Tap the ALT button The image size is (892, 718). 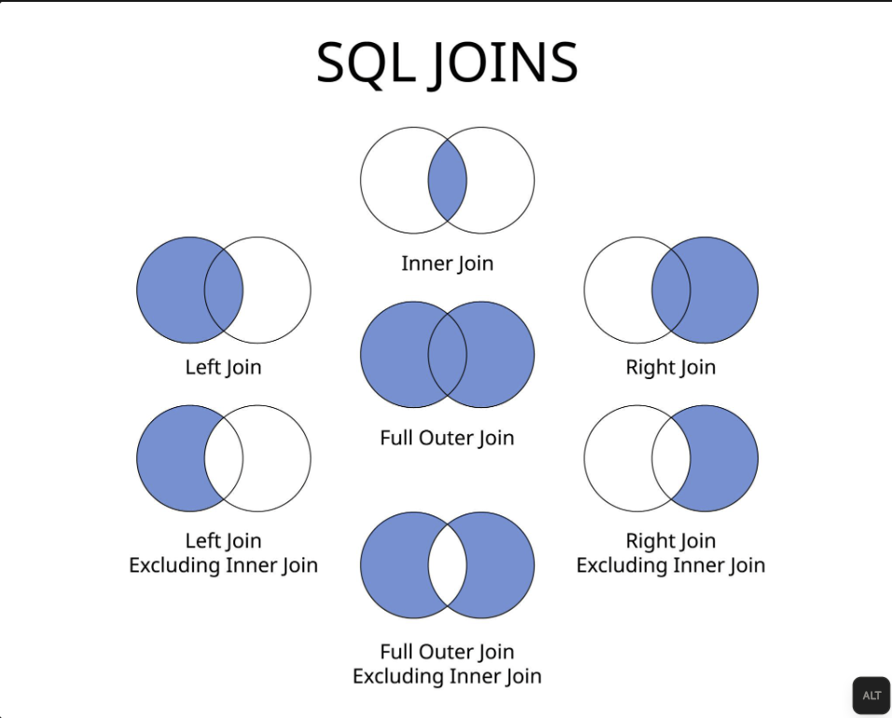(x=871, y=696)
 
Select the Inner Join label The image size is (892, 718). (x=447, y=263)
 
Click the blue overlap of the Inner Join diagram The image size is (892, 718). (x=447, y=180)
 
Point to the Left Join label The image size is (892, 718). (x=223, y=367)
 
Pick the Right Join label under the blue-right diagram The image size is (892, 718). (x=670, y=367)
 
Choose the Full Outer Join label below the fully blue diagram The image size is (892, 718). (x=447, y=437)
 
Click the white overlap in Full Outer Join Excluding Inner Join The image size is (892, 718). (x=447, y=566)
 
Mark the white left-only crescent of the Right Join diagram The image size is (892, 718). (x=617, y=290)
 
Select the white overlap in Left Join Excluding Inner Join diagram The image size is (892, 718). (x=224, y=458)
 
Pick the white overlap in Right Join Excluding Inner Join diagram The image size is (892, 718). (x=671, y=458)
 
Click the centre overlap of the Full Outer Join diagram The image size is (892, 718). (x=447, y=355)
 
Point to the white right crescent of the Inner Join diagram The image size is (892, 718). (x=501, y=180)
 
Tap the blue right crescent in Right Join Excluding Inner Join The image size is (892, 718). (x=725, y=458)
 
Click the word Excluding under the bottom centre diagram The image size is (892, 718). (x=399, y=676)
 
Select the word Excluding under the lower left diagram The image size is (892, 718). (x=175, y=565)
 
